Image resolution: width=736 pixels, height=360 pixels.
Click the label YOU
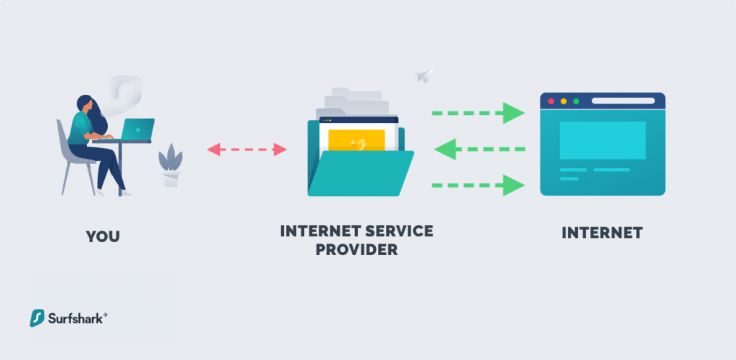103,236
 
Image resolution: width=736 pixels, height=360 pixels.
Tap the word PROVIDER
356,249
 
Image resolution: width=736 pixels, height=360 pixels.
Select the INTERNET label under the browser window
602,233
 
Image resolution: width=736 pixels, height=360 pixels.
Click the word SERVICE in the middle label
397,231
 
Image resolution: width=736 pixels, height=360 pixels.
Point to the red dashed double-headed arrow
247,149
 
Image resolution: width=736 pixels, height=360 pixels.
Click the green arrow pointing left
479,149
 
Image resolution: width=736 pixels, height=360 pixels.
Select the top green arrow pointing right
478,113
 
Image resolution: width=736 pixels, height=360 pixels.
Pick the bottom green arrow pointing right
478,185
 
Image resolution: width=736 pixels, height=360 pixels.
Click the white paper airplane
424,75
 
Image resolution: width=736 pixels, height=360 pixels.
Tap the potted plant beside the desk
170,165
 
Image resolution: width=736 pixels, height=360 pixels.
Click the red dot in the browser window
551,101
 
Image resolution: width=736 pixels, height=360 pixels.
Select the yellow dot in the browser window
563,101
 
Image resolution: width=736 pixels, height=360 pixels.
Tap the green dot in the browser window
576,101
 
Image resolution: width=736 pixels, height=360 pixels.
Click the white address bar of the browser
623,101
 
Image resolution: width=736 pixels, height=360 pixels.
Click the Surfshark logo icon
37,318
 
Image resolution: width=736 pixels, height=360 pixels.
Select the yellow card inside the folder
356,141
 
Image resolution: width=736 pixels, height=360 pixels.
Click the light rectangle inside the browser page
603,140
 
